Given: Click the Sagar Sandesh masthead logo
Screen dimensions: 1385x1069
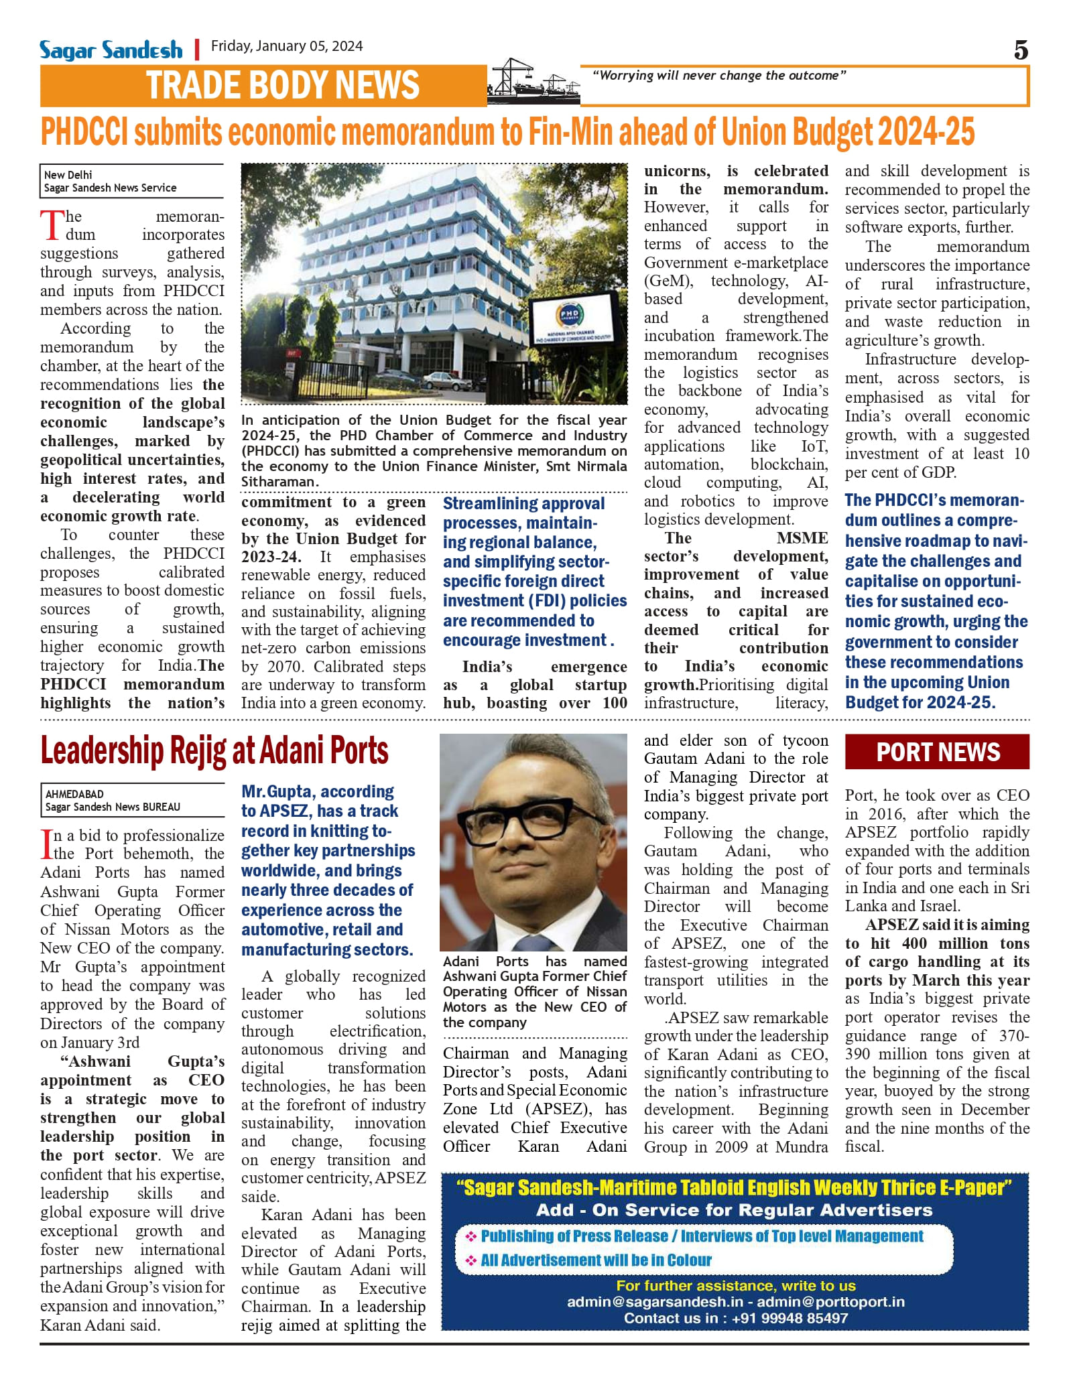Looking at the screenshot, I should click(x=111, y=50).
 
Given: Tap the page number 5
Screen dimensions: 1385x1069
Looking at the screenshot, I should click(x=1020, y=50).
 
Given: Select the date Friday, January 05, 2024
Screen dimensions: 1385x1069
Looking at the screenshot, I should click(x=287, y=46).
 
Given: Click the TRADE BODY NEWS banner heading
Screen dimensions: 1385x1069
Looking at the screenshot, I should click(x=282, y=86).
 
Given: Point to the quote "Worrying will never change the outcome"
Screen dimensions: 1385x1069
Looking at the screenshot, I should click(x=719, y=76).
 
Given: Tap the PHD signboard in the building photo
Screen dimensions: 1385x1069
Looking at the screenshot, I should click(x=570, y=320).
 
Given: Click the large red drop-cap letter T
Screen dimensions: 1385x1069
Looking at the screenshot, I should click(x=52, y=225).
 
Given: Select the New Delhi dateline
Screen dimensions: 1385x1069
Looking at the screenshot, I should click(x=68, y=175).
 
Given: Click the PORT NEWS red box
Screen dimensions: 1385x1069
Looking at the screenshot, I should click(x=937, y=752).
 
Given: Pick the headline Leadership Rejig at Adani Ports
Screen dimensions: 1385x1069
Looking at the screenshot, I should click(x=214, y=750).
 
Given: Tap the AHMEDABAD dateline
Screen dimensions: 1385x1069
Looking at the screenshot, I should click(x=74, y=794).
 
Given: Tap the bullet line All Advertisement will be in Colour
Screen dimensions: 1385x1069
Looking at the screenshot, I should click(x=596, y=1260).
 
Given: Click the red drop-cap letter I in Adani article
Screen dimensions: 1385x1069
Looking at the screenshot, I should click(x=46, y=844).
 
